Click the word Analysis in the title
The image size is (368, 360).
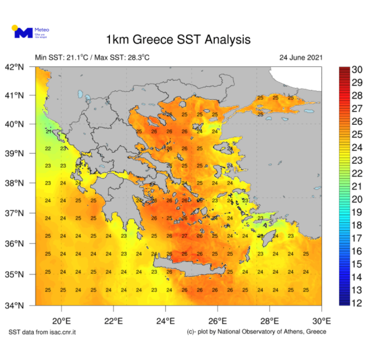(227, 40)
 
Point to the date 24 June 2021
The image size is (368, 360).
(301, 58)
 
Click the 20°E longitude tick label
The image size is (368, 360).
(61, 321)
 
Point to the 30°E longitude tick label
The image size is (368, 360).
(322, 321)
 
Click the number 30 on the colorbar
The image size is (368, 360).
(356, 70)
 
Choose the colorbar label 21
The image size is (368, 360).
(356, 186)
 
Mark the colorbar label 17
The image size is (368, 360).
(356, 238)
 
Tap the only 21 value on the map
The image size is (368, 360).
(49, 132)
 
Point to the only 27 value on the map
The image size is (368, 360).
(184, 236)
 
